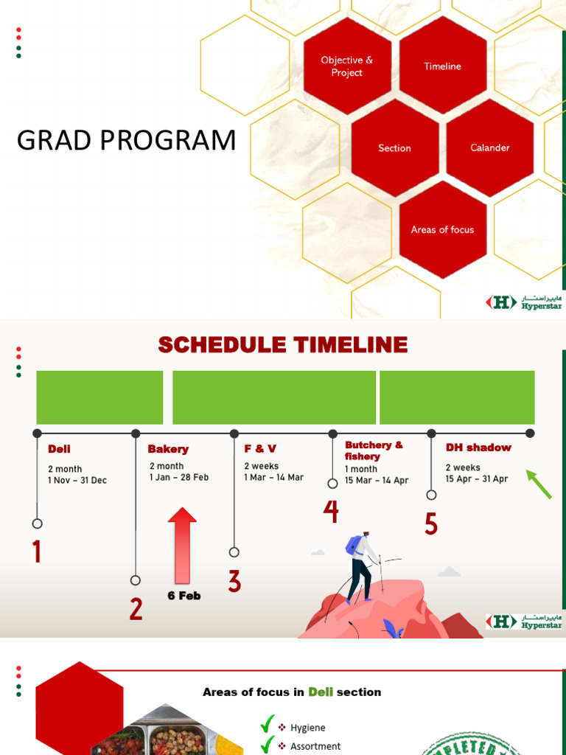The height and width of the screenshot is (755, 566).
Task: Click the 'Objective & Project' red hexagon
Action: [x=347, y=66]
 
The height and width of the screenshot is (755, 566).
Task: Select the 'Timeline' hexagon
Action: [x=443, y=66]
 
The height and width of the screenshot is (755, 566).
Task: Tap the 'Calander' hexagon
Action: [x=490, y=147]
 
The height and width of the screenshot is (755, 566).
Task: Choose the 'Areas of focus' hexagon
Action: [x=443, y=230]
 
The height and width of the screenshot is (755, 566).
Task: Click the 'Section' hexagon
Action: [x=395, y=147]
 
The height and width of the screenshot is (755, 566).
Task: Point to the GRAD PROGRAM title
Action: [x=126, y=140]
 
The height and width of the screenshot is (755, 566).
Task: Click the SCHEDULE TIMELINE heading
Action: [x=283, y=345]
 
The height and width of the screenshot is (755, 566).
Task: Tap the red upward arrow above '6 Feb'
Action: [x=183, y=546]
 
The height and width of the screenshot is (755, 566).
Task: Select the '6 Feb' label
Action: [x=184, y=596]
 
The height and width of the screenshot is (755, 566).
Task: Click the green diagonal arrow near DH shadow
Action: [x=539, y=484]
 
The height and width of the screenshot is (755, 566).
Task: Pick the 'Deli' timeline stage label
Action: [x=59, y=449]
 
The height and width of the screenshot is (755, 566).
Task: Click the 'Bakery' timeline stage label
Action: [x=168, y=449]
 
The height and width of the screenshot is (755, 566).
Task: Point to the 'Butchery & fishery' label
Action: [x=374, y=450]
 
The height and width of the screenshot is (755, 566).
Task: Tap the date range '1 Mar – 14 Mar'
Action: [x=274, y=477]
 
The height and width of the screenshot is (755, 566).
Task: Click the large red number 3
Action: [x=234, y=581]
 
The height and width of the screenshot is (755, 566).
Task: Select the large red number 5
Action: [x=431, y=524]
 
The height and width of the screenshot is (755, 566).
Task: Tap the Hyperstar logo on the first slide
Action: [x=524, y=302]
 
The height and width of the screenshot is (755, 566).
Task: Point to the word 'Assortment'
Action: [x=315, y=746]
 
